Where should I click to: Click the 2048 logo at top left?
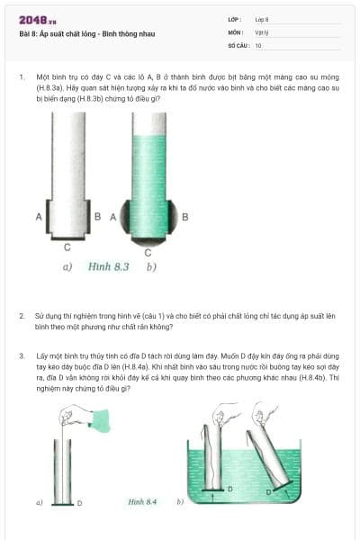tap(37, 19)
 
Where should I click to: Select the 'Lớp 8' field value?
tap(262, 19)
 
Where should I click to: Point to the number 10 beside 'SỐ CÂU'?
tap(258, 45)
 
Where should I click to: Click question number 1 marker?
tap(21, 77)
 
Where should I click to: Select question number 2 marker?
tap(21, 317)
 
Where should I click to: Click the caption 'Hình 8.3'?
tap(109, 266)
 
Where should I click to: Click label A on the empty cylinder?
tap(39, 217)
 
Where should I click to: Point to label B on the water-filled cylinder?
tap(184, 217)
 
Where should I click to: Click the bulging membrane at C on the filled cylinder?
tap(148, 239)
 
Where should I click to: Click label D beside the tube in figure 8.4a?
tap(79, 502)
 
